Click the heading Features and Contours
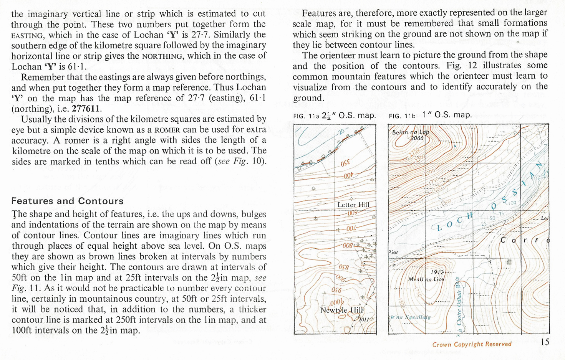[67, 201]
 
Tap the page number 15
[545, 342]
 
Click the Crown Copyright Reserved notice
[472, 344]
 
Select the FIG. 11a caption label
[306, 116]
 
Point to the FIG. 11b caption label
[402, 116]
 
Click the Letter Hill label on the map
[353, 205]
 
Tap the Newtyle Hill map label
[342, 310]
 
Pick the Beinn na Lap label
[410, 132]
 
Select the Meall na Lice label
[426, 279]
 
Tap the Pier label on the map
[393, 252]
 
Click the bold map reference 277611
[86, 109]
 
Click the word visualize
[309, 87]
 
